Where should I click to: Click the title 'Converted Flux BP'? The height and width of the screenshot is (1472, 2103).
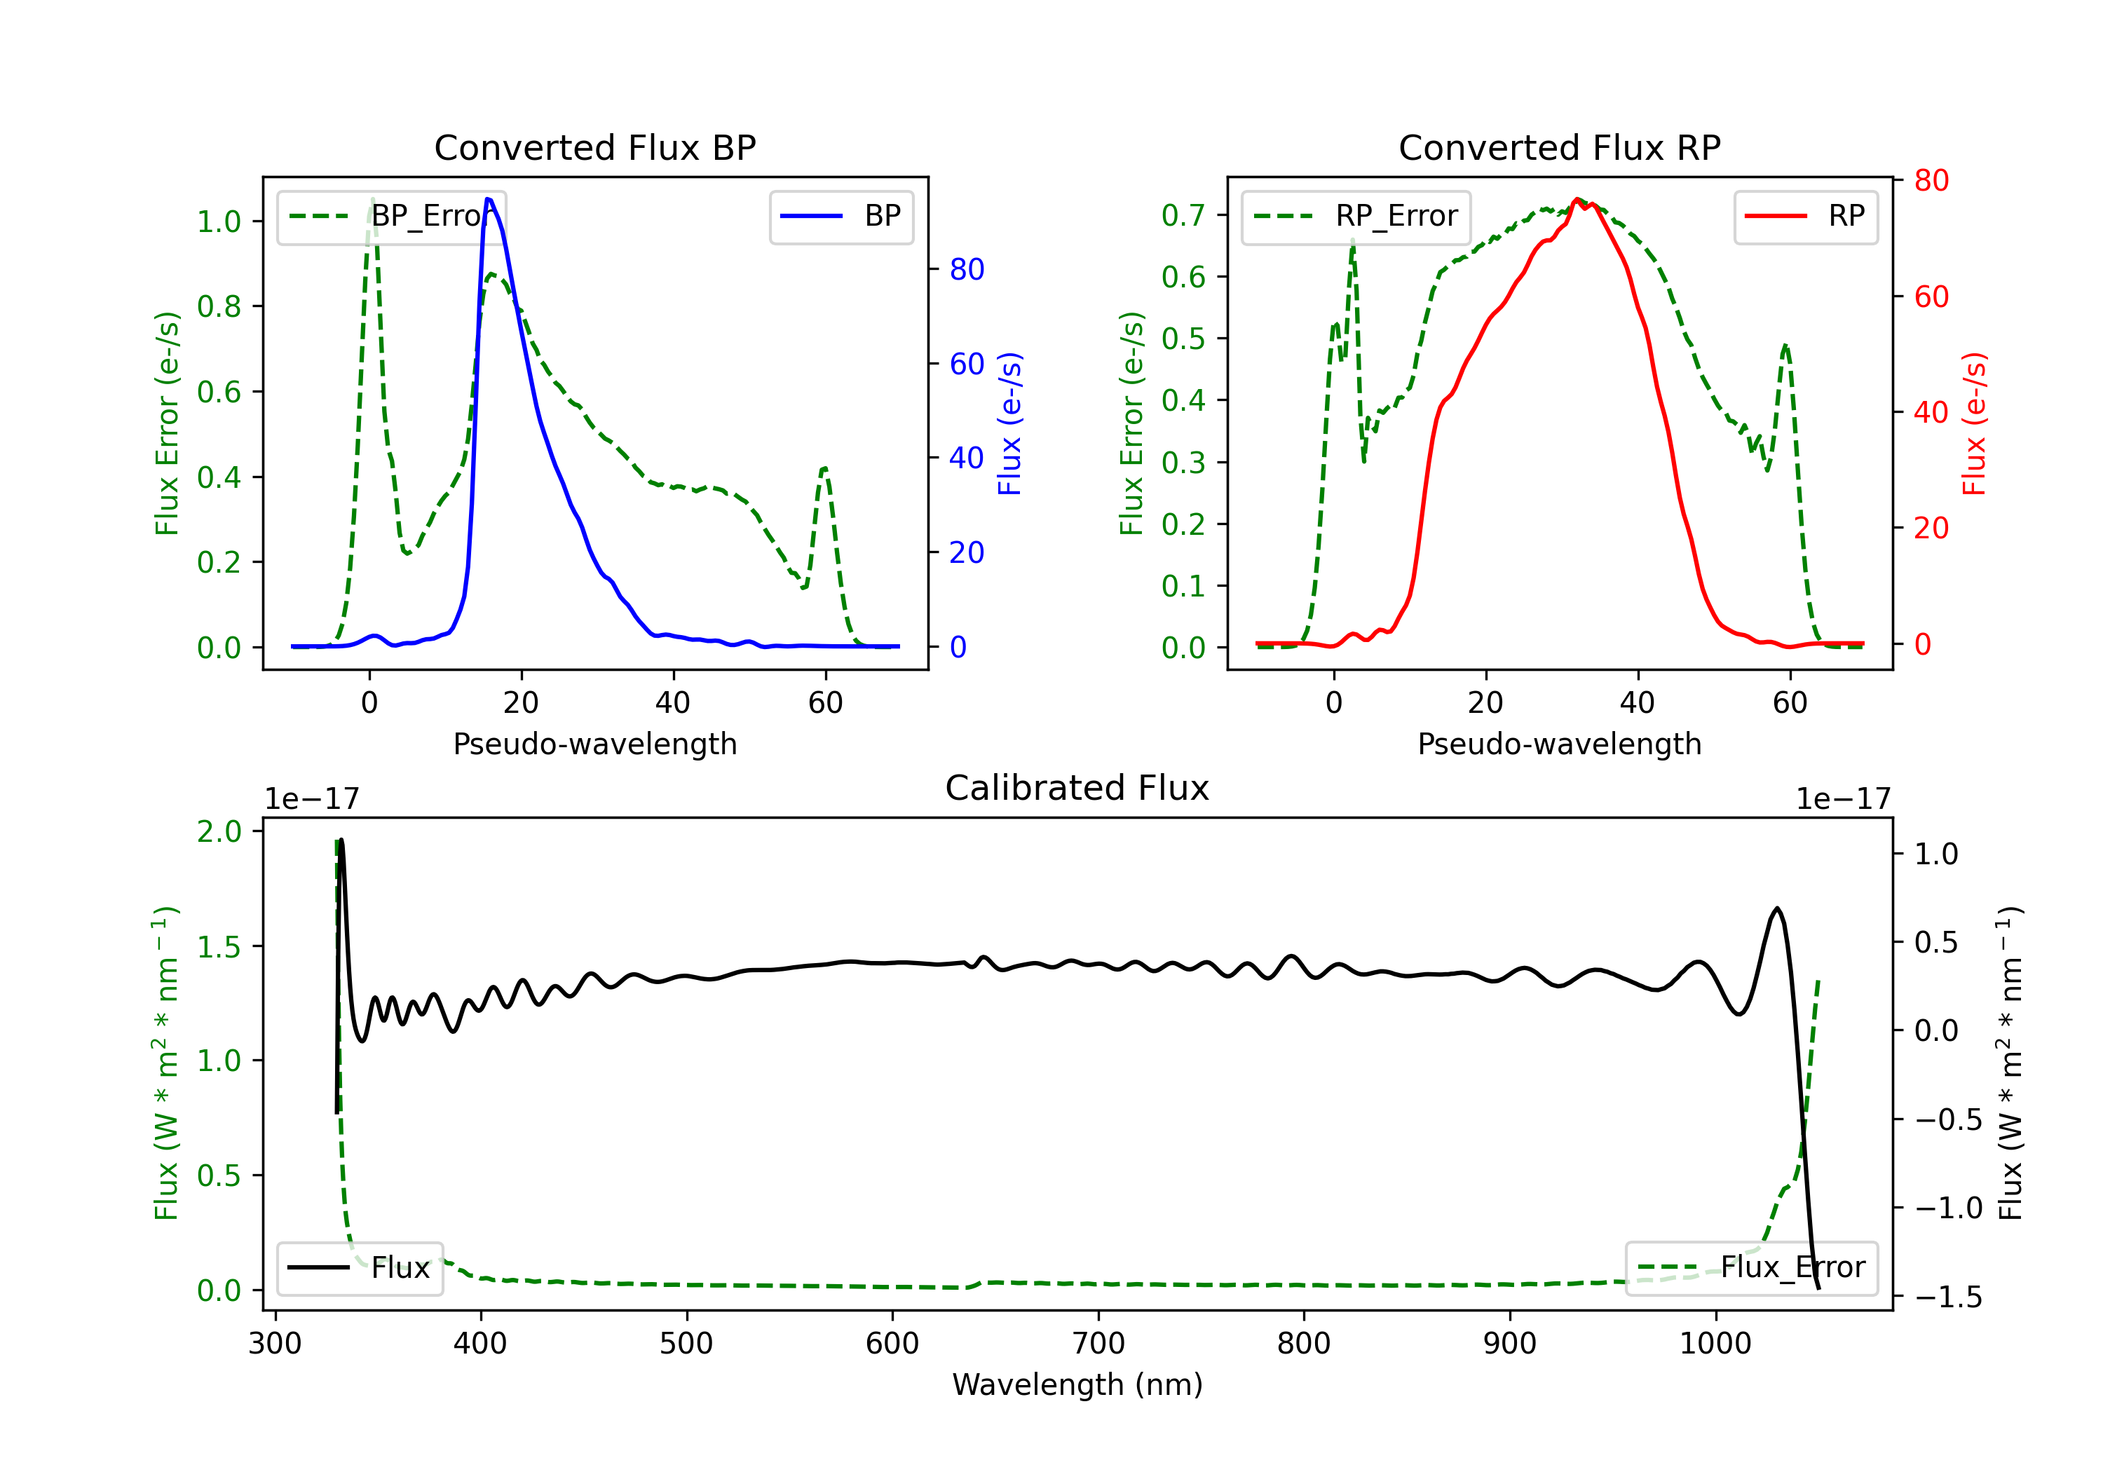[x=594, y=147]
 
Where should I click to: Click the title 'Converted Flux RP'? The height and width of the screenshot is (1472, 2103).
[x=1559, y=147]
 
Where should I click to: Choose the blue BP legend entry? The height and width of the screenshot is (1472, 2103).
[x=840, y=216]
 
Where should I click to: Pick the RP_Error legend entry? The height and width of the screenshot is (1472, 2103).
[x=1356, y=216]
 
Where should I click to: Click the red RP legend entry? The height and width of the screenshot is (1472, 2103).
[x=1805, y=216]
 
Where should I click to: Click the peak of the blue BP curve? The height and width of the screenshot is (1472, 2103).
[x=488, y=199]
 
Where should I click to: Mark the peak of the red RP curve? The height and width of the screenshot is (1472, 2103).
[x=1577, y=199]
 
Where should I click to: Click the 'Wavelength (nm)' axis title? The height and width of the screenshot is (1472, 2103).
[x=1077, y=1384]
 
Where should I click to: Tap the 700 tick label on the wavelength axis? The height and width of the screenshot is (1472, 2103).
[x=1098, y=1343]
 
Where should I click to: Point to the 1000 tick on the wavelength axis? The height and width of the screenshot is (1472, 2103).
[x=1715, y=1343]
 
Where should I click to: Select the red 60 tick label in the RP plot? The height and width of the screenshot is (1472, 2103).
[x=1931, y=297]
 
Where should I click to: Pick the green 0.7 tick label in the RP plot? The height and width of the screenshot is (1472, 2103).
[x=1183, y=215]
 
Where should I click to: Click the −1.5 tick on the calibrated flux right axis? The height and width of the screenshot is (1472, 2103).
[x=1947, y=1297]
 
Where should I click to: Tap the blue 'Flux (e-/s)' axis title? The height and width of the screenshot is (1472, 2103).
[x=1009, y=423]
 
